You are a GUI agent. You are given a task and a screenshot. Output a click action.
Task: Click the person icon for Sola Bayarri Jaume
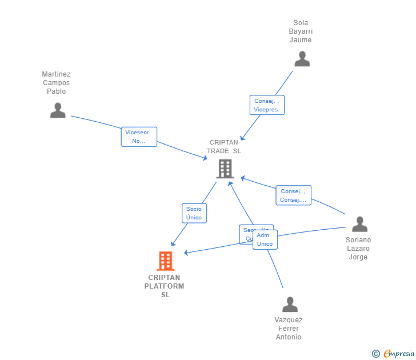click(302, 59)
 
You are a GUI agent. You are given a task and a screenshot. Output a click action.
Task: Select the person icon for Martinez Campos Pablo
click(58, 110)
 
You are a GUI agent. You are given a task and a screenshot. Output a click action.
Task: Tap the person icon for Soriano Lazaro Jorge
click(359, 224)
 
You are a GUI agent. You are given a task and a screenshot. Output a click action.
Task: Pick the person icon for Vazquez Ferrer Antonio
click(290, 305)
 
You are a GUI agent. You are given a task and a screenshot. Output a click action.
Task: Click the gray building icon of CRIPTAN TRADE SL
click(225, 169)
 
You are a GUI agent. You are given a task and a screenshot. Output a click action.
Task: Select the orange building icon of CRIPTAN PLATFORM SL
click(165, 261)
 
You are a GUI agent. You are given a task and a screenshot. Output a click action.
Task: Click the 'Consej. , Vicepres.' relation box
click(267, 105)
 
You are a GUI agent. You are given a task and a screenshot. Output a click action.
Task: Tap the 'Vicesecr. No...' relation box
click(139, 137)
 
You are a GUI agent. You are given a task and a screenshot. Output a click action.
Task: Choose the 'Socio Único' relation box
click(194, 213)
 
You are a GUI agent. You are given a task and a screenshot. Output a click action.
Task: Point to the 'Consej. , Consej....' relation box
click(294, 195)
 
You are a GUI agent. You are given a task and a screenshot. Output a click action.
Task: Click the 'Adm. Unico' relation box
click(265, 239)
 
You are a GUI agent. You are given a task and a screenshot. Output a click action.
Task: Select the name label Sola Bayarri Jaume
click(301, 31)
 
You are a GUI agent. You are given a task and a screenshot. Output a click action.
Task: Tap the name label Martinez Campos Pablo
click(56, 82)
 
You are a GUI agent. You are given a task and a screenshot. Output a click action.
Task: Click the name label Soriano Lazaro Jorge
click(358, 249)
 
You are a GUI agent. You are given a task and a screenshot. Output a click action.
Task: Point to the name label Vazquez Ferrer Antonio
click(289, 329)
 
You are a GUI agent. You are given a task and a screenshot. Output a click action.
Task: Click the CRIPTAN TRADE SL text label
click(224, 147)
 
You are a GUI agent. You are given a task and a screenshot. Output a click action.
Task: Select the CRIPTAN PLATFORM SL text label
click(165, 286)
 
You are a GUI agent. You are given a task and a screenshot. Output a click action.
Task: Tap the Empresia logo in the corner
click(398, 354)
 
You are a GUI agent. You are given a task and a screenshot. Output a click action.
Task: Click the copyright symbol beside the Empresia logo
click(375, 354)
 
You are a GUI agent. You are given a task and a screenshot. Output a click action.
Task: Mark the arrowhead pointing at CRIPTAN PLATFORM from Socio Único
click(173, 244)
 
